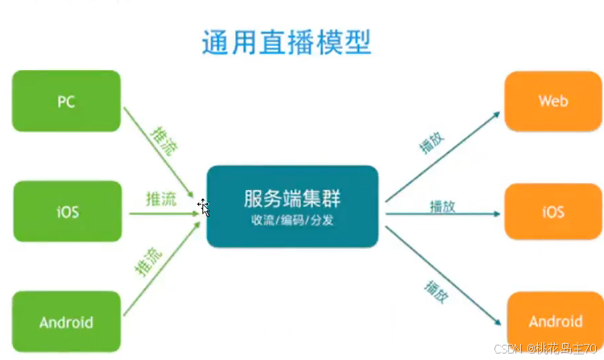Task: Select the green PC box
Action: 66,101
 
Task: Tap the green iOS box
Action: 66,213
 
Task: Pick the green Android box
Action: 66,323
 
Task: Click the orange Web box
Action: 553,101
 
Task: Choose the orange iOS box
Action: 553,213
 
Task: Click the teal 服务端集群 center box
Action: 292,206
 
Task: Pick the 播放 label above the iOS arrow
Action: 442,206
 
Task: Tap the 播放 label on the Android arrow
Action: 435,289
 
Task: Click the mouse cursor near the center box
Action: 204,208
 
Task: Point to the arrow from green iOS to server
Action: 161,214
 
